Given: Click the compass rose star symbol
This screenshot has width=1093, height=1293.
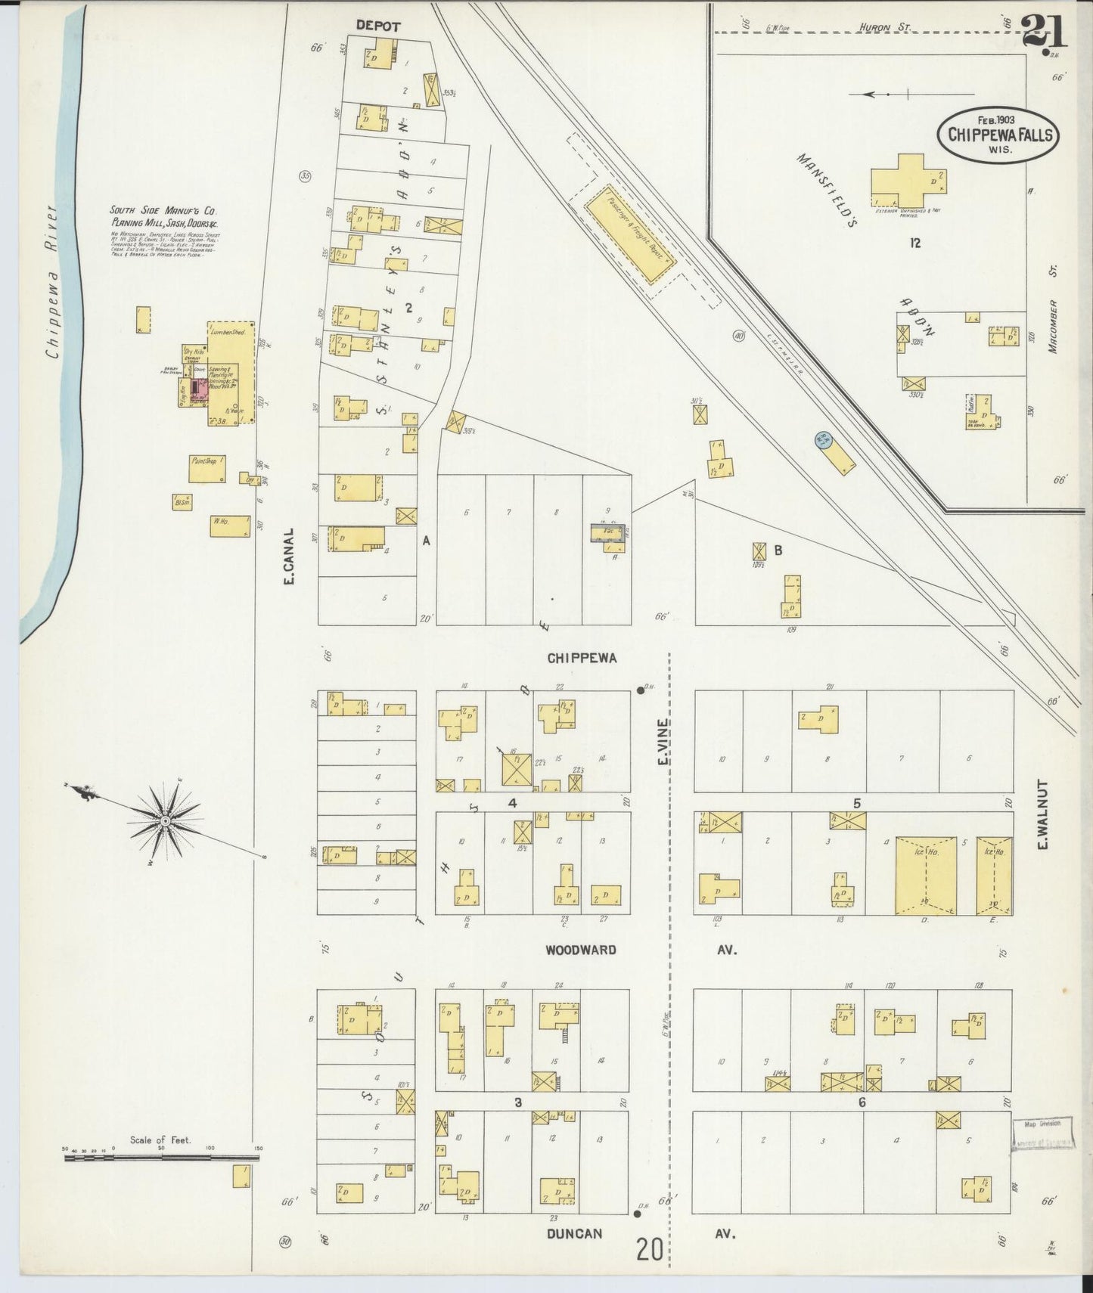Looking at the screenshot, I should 164,819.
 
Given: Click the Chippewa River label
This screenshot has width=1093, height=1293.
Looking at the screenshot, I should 52,280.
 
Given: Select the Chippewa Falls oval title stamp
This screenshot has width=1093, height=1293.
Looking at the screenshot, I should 998,134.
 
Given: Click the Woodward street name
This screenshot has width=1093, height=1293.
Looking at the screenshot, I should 581,950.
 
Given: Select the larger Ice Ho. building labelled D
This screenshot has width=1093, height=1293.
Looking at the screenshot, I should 926,876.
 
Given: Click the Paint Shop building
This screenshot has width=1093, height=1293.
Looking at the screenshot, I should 207,470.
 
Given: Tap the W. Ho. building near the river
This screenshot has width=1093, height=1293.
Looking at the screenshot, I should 230,526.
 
